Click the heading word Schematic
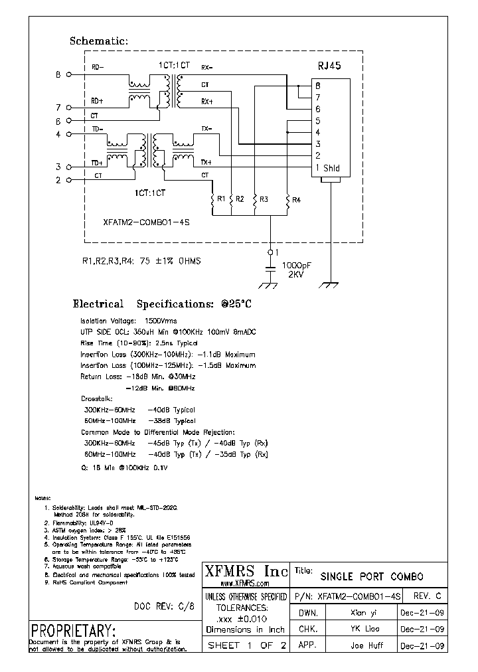tap(98, 41)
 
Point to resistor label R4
tap(296, 199)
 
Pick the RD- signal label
tap(97, 67)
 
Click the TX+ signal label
tap(206, 161)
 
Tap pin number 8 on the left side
tap(58, 75)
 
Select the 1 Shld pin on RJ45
tap(327, 168)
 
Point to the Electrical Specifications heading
tap(163, 304)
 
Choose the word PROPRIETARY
tap(73, 630)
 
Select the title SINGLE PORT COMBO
tap(372, 576)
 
